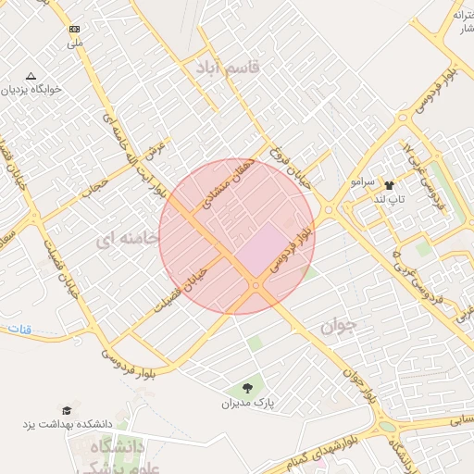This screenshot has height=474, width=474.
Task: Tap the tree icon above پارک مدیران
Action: point(248,387)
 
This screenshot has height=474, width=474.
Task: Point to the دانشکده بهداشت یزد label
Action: point(70,424)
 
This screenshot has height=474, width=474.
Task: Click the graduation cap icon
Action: point(66,409)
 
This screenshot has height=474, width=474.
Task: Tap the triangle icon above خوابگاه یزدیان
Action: point(31,76)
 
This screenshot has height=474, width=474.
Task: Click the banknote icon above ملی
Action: point(74,30)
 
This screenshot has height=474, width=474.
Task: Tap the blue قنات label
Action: point(19,330)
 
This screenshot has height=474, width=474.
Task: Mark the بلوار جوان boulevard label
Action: point(361,380)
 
